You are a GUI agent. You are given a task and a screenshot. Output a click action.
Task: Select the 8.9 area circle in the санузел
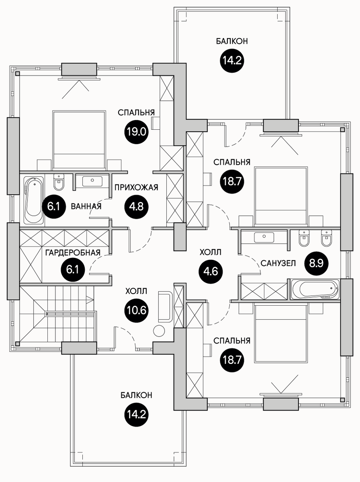(317, 263)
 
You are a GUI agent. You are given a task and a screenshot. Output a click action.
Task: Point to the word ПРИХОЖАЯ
(136, 187)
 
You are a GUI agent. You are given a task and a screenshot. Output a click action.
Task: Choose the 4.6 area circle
(211, 271)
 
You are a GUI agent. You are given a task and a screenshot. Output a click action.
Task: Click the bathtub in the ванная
(33, 200)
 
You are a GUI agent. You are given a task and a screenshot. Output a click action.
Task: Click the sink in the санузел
(264, 237)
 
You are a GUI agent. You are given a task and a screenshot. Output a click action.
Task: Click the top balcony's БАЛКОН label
(231, 41)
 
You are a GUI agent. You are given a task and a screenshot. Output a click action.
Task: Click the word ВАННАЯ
(86, 206)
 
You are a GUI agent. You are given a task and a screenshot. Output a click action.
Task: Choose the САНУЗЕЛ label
(278, 263)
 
